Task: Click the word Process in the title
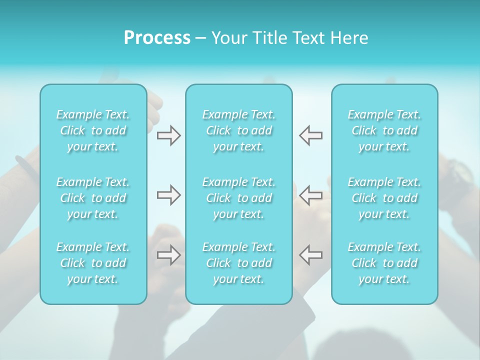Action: (157, 38)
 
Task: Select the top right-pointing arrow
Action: (169, 135)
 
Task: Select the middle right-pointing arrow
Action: (169, 195)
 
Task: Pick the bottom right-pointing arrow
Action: (169, 254)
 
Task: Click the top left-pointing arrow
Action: (310, 135)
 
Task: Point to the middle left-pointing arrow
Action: (310, 195)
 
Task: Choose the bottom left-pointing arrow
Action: (310, 254)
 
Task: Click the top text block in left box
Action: (93, 130)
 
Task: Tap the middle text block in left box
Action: (93, 198)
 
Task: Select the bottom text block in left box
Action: (93, 263)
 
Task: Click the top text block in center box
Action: (238, 130)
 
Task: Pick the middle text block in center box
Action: (238, 198)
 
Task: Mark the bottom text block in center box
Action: (238, 263)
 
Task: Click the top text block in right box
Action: (384, 130)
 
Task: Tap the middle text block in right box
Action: (384, 198)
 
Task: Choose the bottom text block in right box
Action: (384, 263)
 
